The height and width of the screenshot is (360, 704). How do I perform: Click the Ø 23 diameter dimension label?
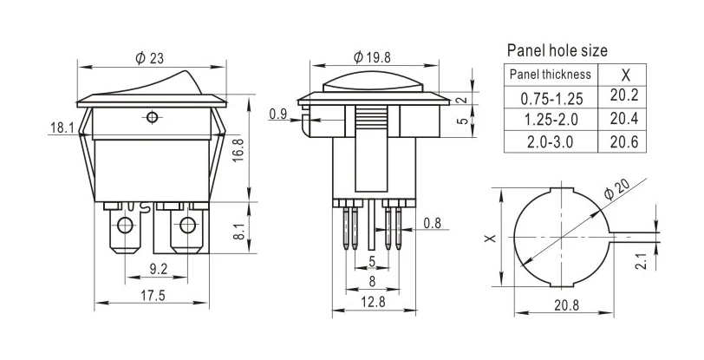tap(149, 59)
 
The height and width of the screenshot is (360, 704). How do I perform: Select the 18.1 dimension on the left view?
tap(61, 128)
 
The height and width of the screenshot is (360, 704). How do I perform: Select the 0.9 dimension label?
tap(278, 114)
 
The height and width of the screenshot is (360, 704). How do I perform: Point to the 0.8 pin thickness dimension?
tap(432, 224)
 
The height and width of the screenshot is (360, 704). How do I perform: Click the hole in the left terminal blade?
tap(125, 228)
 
